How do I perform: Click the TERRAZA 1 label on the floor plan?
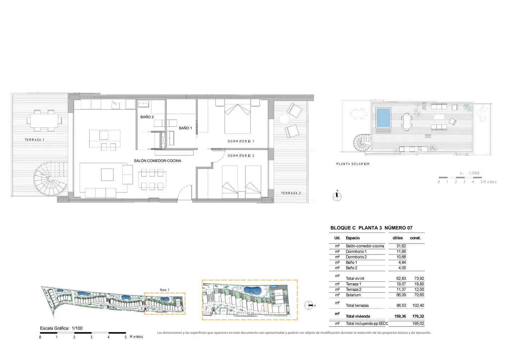[x=34, y=140]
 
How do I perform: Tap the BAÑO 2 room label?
[x=147, y=117]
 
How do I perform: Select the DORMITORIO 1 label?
[x=241, y=141]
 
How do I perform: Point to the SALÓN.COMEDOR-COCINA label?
[x=158, y=161]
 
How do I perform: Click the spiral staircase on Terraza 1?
[x=51, y=179]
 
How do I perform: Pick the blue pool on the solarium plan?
[x=383, y=118]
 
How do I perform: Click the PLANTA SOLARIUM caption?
[x=353, y=164]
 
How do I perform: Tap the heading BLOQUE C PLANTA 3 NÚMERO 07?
[x=371, y=228]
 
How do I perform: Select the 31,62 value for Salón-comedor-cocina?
[x=401, y=246]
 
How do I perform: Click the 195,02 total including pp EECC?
[x=418, y=324]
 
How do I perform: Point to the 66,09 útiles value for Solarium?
[x=401, y=295]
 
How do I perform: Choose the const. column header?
[x=415, y=238]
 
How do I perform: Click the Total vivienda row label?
[x=358, y=316]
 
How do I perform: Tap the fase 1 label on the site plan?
[x=165, y=290]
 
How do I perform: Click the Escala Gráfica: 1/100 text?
[x=61, y=328]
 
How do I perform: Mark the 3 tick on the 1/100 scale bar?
[x=91, y=337]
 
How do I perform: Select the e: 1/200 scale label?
[x=470, y=173]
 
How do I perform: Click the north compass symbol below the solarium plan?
[x=337, y=196]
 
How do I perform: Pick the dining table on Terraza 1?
[x=44, y=121]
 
